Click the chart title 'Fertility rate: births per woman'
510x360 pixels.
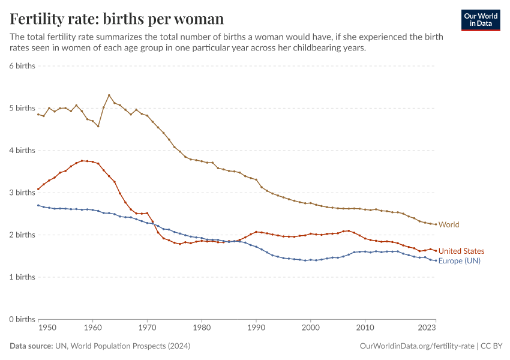point(117,19)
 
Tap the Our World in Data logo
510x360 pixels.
point(480,20)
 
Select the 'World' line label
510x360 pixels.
point(449,224)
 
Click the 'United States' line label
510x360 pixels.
point(461,251)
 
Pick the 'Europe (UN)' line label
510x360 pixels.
point(459,261)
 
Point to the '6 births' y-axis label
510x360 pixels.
point(22,66)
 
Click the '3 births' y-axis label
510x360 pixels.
point(22,193)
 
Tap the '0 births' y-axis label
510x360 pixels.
point(22,319)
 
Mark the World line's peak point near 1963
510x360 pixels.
point(109,95)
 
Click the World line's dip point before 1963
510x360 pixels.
point(98,126)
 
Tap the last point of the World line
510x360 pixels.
point(436,224)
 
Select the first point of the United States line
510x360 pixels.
point(38,189)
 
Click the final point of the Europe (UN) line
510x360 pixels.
point(436,260)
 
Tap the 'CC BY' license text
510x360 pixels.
point(491,346)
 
